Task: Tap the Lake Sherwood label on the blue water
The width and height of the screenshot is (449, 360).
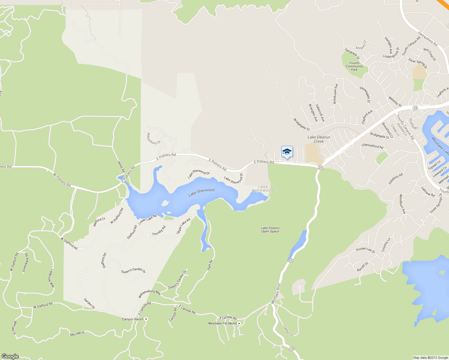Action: click(201, 192)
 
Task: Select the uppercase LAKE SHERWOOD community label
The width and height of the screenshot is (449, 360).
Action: click(263, 189)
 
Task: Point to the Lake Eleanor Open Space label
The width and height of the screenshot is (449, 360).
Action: click(270, 230)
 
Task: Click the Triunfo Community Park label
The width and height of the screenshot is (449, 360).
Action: click(354, 66)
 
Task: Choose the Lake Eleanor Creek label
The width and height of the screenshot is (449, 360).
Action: click(319, 139)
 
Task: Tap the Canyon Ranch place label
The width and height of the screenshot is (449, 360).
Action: click(133, 319)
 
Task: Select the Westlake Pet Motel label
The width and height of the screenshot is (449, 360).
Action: click(223, 323)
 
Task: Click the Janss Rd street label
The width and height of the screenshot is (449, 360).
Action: click(121, 167)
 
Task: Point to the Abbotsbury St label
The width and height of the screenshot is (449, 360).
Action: click(154, 139)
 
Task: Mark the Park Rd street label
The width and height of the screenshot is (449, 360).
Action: click(210, 265)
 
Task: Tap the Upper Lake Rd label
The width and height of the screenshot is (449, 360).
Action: click(183, 226)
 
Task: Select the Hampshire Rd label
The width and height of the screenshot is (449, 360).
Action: click(428, 39)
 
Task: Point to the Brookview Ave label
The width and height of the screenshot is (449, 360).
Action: click(335, 94)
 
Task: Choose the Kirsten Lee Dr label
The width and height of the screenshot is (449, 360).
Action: click(366, 250)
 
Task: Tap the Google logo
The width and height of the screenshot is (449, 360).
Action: click(10, 356)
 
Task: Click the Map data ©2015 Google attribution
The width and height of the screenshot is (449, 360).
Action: click(430, 358)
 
